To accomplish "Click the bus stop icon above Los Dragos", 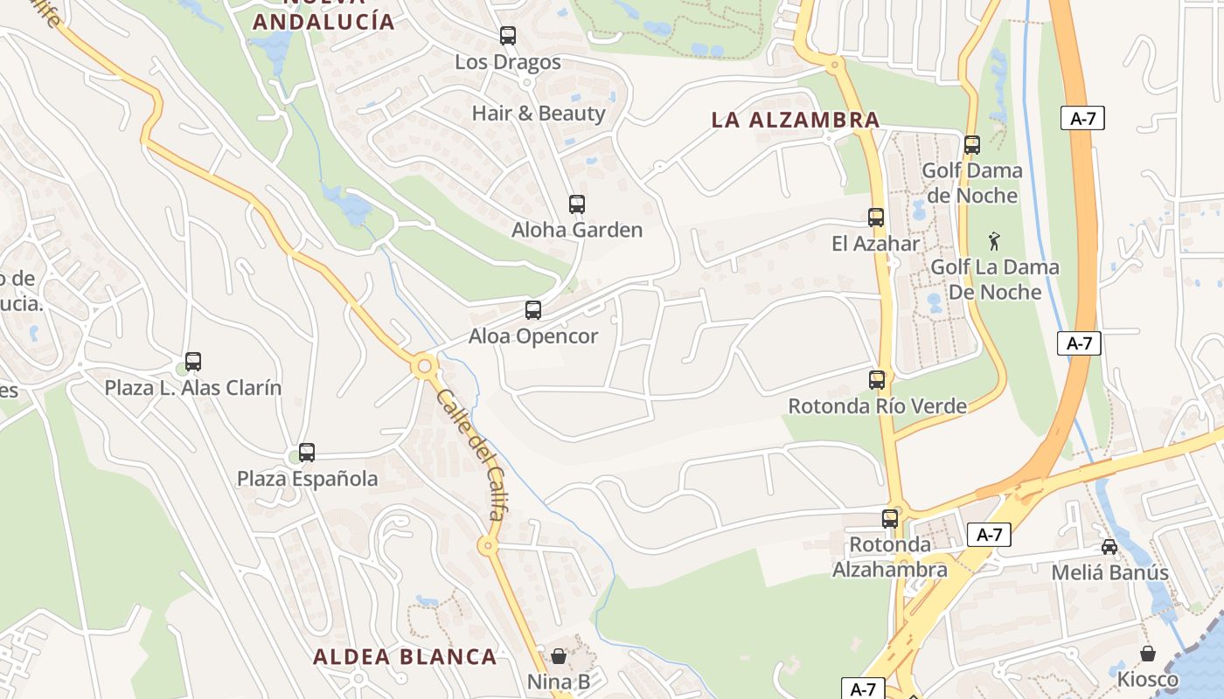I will tap(508, 36).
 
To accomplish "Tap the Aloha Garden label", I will tap(577, 231).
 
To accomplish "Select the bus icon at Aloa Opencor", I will tap(533, 310).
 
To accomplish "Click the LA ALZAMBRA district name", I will tap(796, 121).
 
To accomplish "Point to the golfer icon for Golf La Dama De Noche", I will tap(994, 241).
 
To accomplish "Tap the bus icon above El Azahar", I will tap(876, 218).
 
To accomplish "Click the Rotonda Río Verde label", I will tap(878, 406).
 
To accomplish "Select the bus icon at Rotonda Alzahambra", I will tap(890, 518).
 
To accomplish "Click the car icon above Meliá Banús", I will tap(1109, 547).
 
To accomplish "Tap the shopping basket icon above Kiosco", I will tap(1148, 654).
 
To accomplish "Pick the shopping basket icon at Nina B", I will tap(559, 655).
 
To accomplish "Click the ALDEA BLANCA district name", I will tap(405, 657).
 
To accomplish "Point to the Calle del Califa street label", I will tap(469, 454).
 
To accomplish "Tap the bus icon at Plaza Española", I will tap(307, 453).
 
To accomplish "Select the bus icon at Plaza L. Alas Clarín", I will tap(193, 362).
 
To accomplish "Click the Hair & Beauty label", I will tap(539, 114).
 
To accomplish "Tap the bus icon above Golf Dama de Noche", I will tap(972, 145).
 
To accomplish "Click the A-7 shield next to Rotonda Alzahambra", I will tap(989, 535).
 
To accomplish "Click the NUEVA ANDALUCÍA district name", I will tap(324, 21).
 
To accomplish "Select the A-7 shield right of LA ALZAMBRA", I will tap(1082, 119).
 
